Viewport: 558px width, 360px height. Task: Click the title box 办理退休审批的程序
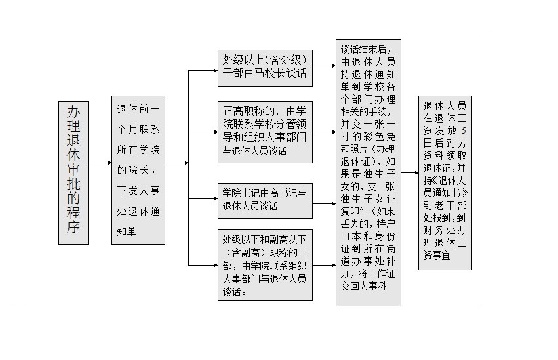click(73, 172)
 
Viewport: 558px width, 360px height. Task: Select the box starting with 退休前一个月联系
click(138, 170)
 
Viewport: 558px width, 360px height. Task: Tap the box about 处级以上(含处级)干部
click(265, 68)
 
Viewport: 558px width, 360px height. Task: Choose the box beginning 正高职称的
click(265, 132)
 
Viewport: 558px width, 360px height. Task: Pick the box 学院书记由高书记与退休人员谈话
click(265, 201)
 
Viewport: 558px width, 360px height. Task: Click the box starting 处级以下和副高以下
click(265, 265)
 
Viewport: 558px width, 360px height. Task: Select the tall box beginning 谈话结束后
click(369, 172)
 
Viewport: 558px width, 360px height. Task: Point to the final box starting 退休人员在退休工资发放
click(445, 182)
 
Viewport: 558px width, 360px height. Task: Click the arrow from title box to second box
click(100, 163)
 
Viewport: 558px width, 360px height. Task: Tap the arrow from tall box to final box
click(410, 173)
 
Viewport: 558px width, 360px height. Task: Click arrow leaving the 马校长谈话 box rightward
click(324, 66)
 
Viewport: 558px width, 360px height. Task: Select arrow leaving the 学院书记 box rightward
click(324, 204)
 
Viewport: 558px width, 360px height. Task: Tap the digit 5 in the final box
click(463, 130)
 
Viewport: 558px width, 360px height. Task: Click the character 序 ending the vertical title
click(73, 227)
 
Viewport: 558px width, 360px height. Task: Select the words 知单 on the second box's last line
click(127, 231)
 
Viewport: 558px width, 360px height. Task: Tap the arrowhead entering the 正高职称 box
click(216, 132)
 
